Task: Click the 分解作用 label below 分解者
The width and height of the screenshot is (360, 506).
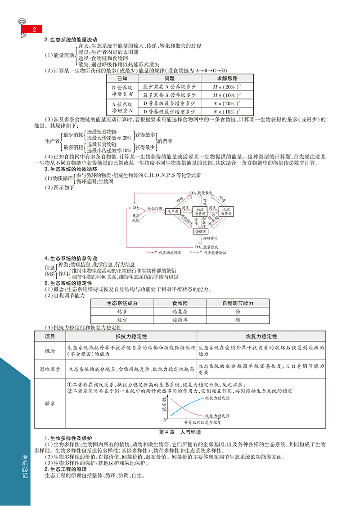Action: [x=210, y=237]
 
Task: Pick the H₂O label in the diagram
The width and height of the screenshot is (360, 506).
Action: [x=136, y=215]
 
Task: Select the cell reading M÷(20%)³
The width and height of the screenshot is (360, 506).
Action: [x=227, y=86]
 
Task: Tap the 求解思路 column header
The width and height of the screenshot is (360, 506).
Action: [x=227, y=78]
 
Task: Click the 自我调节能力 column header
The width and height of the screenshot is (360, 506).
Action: [x=237, y=303]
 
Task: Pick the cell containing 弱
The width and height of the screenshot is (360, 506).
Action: [x=237, y=319]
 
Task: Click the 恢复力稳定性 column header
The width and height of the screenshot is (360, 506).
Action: [x=261, y=336]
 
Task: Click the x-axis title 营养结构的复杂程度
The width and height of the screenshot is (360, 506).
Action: [x=202, y=423]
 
